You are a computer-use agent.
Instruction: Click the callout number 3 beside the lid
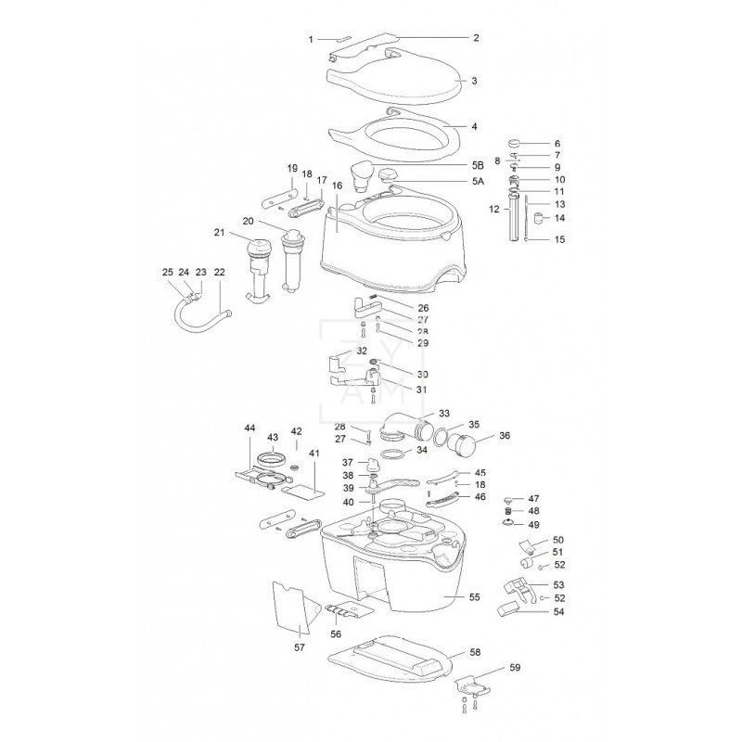click(474, 82)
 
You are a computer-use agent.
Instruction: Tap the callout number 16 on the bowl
click(337, 185)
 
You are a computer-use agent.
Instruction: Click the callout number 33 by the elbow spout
click(443, 413)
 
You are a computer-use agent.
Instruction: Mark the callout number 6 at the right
click(557, 145)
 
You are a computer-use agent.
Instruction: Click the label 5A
click(478, 182)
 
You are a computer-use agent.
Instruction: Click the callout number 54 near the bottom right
click(558, 612)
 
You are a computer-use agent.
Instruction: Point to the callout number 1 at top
click(312, 39)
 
